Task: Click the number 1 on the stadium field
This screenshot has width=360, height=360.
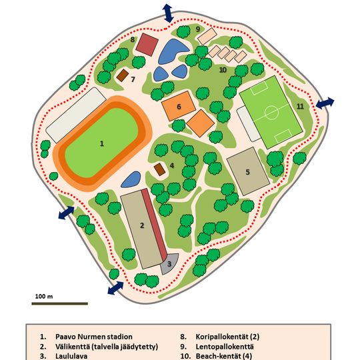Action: [x=102, y=143]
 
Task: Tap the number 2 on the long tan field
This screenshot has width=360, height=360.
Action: [x=142, y=225]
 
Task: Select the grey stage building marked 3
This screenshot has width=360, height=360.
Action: [x=169, y=264]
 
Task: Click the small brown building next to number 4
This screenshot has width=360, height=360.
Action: [x=159, y=169]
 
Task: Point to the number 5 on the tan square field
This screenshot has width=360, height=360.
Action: [x=247, y=172]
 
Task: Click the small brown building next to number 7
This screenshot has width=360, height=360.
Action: [x=122, y=76]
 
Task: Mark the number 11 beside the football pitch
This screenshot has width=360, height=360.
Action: [x=300, y=107]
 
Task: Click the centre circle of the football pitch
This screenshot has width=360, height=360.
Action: [x=271, y=112]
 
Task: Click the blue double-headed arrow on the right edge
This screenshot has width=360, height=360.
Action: [x=325, y=103]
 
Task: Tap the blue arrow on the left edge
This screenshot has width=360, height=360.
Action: [x=65, y=213]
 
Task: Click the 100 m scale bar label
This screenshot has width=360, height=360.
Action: [x=44, y=295]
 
